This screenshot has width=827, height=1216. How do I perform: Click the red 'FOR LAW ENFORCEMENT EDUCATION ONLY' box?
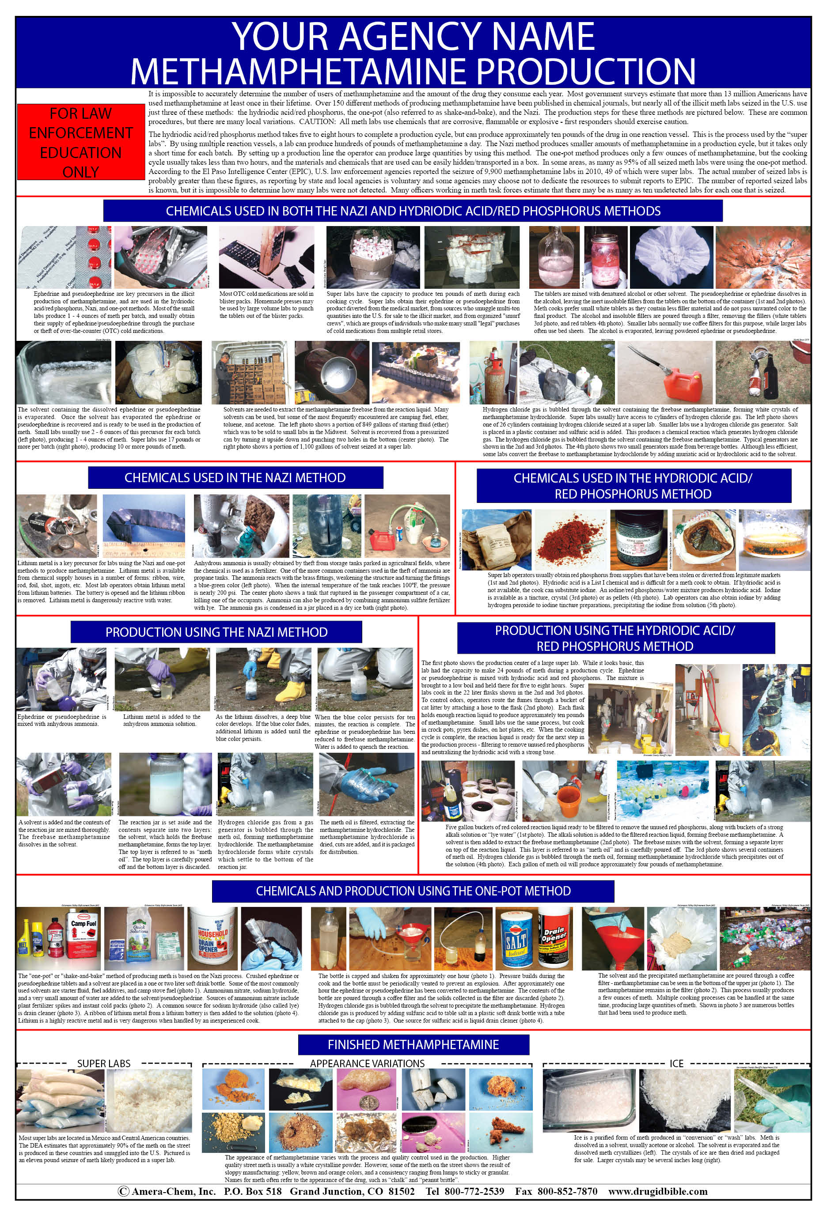80,142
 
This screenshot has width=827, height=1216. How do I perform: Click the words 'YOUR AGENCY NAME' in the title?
413,37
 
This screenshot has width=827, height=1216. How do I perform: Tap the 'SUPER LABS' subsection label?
104,1063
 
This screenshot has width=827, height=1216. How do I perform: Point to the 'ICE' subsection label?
676,1063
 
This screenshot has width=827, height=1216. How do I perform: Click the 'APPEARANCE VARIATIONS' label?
367,1063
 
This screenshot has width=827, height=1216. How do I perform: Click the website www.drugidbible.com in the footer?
657,1191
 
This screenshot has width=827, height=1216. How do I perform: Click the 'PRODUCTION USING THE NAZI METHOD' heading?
216,632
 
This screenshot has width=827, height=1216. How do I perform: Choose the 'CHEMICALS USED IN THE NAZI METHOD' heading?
235,478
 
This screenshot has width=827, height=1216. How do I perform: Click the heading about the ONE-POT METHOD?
413,891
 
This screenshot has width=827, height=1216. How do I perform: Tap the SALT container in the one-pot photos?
515,940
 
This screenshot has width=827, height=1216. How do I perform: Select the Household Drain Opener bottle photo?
212,939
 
